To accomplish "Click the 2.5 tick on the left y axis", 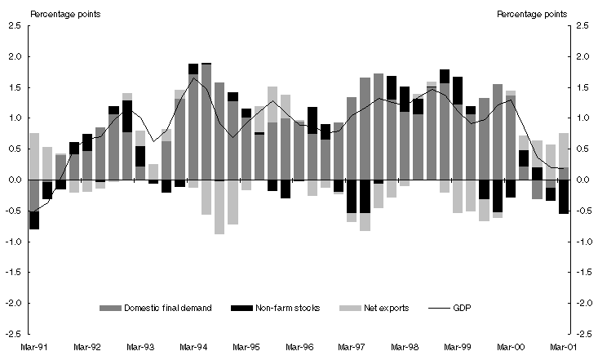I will pyautogui.click(x=15, y=25).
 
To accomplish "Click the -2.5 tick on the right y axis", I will pyautogui.click(x=582, y=334).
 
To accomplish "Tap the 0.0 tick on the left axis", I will pyautogui.click(x=15, y=180).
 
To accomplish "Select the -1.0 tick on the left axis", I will pyautogui.click(x=13, y=242).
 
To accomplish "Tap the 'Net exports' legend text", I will pyautogui.click(x=388, y=308).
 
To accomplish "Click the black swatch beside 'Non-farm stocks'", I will pyautogui.click(x=242, y=308).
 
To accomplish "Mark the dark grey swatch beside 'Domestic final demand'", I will pyautogui.click(x=109, y=308).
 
